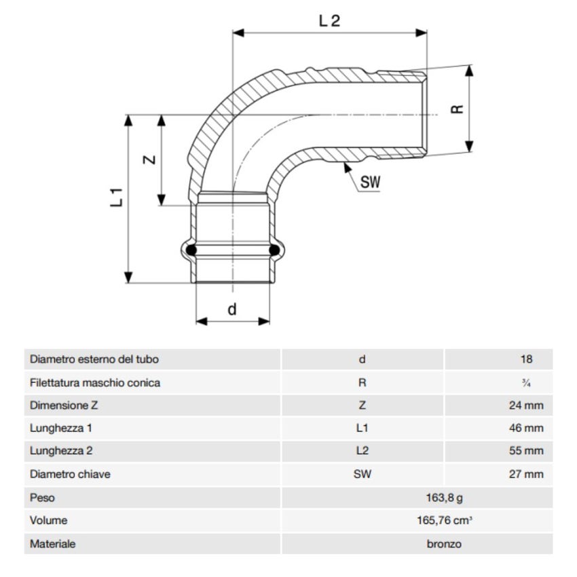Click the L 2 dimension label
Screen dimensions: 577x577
(329, 20)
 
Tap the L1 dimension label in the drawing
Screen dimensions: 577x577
(116, 198)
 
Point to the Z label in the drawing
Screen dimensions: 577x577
(150, 160)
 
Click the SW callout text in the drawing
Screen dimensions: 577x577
(370, 182)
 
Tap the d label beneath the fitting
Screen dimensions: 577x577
(232, 310)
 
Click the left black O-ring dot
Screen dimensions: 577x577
(191, 250)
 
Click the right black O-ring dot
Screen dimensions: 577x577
(276, 250)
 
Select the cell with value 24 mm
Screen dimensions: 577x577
(526, 406)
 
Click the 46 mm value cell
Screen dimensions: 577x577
(526, 428)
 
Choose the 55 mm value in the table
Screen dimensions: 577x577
(526, 451)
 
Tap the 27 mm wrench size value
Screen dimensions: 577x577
(526, 474)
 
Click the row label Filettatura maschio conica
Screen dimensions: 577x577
(95, 383)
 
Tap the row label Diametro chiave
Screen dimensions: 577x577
(70, 474)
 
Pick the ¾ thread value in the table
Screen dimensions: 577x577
(526, 383)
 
